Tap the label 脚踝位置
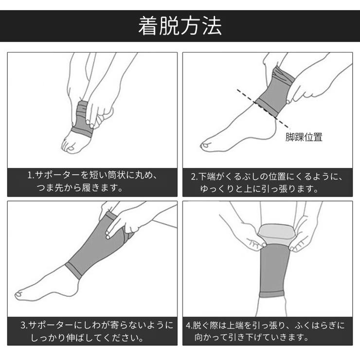[304, 138]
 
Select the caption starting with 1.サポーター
[92, 181]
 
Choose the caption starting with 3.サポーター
[92, 331]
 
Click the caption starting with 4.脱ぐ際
[267, 331]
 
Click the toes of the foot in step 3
[22, 293]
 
